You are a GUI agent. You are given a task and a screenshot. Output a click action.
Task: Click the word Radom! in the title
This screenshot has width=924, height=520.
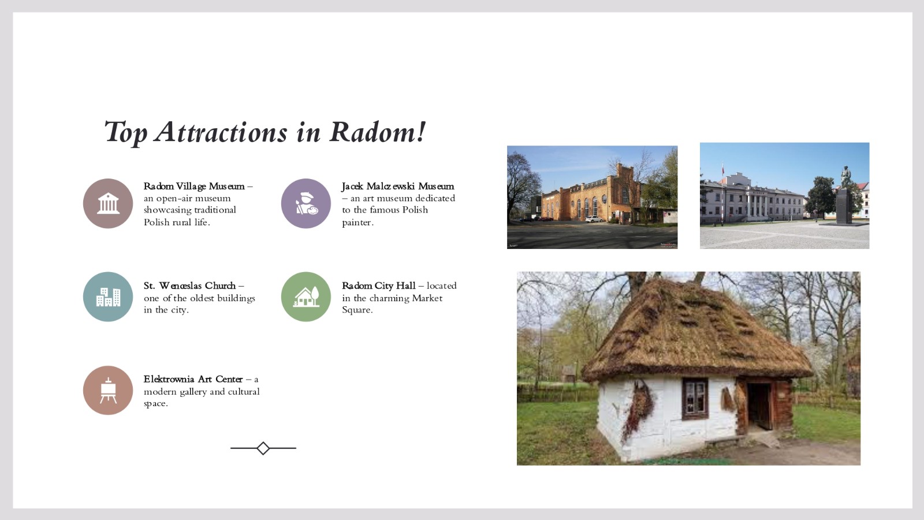click(x=378, y=132)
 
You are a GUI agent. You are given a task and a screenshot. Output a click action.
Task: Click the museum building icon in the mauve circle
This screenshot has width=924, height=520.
click(x=108, y=203)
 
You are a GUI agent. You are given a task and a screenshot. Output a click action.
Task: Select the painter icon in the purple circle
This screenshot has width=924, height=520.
click(x=306, y=203)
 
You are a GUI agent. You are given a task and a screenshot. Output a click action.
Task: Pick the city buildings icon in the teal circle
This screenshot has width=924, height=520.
click(x=108, y=297)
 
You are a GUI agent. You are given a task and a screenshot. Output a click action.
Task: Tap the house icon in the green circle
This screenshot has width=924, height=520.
click(x=306, y=297)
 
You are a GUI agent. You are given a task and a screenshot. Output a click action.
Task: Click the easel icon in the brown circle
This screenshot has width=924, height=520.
click(x=108, y=391)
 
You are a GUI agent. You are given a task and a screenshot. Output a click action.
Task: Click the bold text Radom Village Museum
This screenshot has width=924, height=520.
click(x=194, y=186)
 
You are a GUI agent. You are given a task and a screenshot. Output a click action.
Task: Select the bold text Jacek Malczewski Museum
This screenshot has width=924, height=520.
click(x=398, y=186)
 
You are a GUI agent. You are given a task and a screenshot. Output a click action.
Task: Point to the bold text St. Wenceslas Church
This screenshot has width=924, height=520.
click(x=190, y=285)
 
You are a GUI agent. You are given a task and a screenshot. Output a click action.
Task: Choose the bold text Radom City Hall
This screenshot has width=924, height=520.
click(x=379, y=285)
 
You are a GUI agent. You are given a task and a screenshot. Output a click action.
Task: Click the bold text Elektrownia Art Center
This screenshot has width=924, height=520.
click(x=193, y=379)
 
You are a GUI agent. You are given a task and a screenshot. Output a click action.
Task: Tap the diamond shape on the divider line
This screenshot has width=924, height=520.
click(x=263, y=448)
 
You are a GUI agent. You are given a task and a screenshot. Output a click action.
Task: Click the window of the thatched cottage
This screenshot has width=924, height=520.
click(x=695, y=399)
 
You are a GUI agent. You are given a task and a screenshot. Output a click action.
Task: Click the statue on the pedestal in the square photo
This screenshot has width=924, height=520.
click(x=845, y=177)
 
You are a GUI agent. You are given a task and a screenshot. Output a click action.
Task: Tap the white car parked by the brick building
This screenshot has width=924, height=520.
click(x=594, y=219)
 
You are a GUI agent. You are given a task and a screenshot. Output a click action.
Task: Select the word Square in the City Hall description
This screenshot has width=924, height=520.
click(x=357, y=310)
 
